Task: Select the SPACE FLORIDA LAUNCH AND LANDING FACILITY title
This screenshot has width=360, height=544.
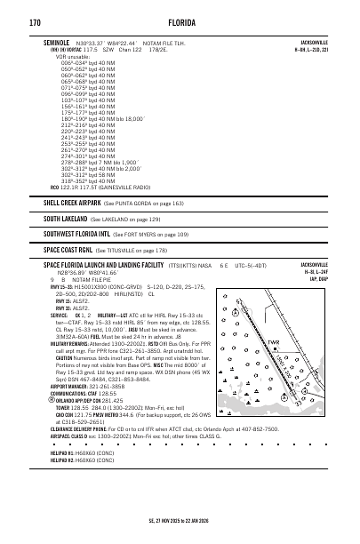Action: coord(103,265)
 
